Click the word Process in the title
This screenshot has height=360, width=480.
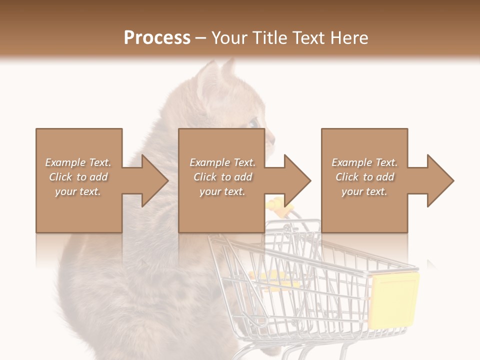pos(157,38)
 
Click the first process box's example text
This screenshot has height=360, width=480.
pos(78,177)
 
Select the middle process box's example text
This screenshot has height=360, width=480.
pos(222,177)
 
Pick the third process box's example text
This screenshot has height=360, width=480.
pos(364,177)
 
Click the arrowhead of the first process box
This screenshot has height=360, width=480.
pos(153,180)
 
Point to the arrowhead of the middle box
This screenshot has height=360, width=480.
pos(296,180)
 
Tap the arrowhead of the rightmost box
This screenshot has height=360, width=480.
pos(439,180)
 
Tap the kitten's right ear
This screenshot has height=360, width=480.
pos(229,67)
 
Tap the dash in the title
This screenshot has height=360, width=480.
pos(200,38)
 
